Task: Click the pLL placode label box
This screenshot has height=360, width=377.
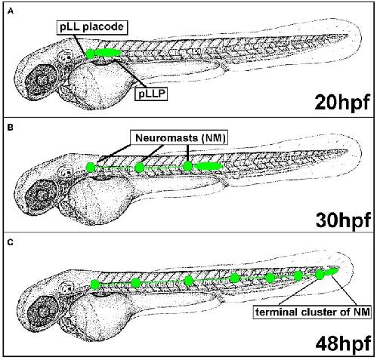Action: (x=92, y=27)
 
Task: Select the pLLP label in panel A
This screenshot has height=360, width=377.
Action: (x=152, y=94)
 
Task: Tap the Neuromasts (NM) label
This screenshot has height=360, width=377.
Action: (x=180, y=137)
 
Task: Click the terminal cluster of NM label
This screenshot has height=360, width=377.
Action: (x=313, y=312)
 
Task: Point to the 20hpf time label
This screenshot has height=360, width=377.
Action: (x=342, y=102)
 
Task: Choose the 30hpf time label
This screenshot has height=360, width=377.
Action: (x=343, y=220)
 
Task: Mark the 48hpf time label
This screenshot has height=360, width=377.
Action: (x=343, y=343)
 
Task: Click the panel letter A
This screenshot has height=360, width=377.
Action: (x=11, y=11)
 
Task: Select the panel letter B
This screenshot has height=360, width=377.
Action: (x=11, y=128)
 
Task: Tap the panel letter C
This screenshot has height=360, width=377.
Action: (x=11, y=242)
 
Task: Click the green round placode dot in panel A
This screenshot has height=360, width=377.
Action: (x=90, y=54)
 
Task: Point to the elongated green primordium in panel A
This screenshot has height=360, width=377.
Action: (x=108, y=53)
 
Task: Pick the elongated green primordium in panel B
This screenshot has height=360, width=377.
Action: (x=209, y=166)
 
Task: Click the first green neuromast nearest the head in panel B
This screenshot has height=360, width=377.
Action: (x=91, y=168)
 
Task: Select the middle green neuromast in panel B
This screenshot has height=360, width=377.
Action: (x=139, y=168)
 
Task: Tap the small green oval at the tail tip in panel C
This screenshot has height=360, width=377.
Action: (x=332, y=271)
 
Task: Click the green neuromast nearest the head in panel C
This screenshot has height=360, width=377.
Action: (x=95, y=285)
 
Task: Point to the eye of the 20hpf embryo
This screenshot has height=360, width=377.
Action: (x=42, y=80)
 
